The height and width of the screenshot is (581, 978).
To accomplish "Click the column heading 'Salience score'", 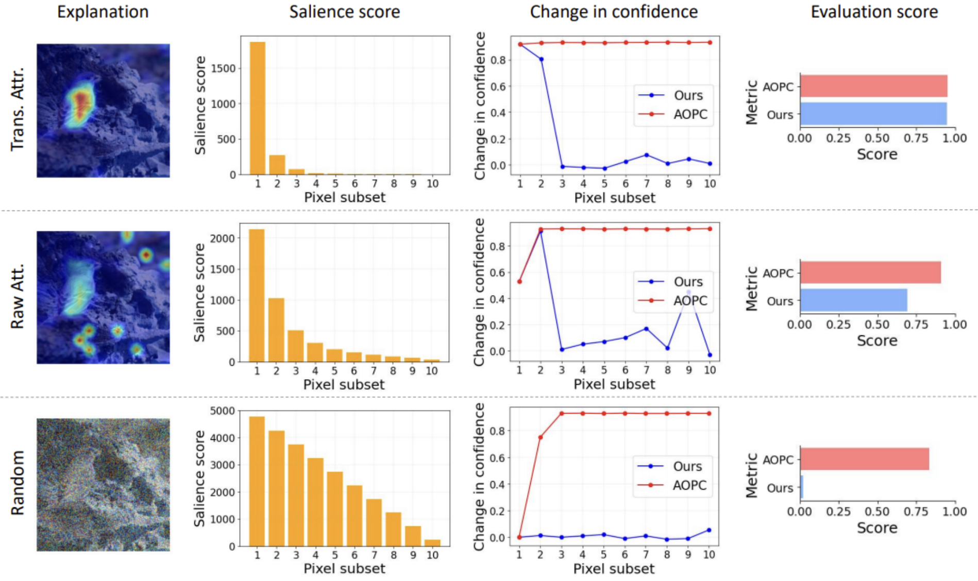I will tap(344, 12).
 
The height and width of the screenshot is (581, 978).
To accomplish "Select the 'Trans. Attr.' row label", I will tap(18, 109).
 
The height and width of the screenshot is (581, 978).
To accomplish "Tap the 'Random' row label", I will tap(18, 483).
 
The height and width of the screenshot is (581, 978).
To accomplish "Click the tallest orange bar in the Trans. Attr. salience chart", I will tap(258, 108).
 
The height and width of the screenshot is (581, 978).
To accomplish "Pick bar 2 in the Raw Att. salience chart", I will tap(276, 330).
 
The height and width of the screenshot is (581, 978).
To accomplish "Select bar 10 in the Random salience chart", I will tap(432, 542).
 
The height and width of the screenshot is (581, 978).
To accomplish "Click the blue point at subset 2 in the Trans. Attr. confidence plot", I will tap(541, 59).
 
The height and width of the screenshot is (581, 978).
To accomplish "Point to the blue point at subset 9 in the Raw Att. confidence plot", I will tap(688, 292).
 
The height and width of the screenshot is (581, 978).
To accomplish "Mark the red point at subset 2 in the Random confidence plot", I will tap(540, 437).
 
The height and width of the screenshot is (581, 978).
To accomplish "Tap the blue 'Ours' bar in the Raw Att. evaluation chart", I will tap(853, 300).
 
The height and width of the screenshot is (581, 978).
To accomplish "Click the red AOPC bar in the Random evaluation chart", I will tap(865, 459).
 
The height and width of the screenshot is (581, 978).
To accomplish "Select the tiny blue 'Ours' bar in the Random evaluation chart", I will tap(802, 487).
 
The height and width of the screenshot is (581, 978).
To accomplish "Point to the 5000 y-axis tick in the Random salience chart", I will tap(223, 411).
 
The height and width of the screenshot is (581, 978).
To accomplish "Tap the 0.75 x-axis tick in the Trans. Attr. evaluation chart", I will tap(916, 138).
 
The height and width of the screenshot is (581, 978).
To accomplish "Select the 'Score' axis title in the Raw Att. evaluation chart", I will tap(877, 340).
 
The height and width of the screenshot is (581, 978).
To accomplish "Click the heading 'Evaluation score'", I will tap(874, 12).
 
